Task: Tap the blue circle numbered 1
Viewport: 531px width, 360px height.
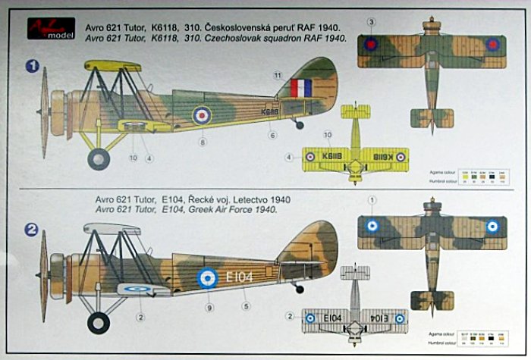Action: tap(32, 67)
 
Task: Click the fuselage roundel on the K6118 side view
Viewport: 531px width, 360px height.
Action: tap(201, 115)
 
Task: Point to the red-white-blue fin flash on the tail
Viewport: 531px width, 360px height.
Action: tap(300, 88)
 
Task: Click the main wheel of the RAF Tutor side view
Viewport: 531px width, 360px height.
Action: tap(98, 158)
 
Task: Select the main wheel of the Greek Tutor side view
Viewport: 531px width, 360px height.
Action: tap(98, 323)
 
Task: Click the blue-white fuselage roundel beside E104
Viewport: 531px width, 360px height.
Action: tap(208, 278)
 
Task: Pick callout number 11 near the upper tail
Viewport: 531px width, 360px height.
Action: tap(278, 74)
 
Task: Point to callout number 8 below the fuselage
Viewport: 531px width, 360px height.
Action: tap(203, 141)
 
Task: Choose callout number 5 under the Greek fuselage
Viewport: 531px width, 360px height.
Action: tap(245, 306)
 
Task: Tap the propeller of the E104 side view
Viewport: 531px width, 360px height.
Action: tap(42, 265)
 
